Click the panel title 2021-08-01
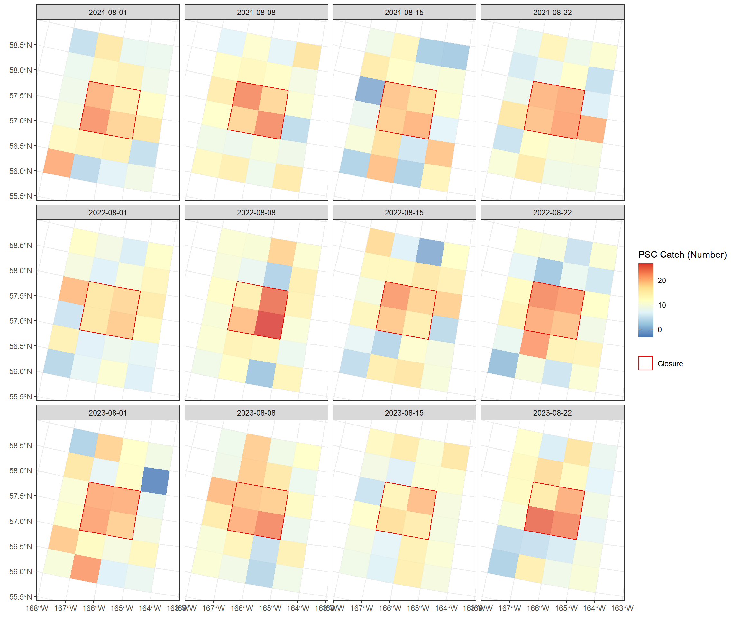click(x=108, y=12)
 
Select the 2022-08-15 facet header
click(x=404, y=213)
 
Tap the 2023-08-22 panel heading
click(x=552, y=413)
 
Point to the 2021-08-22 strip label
click(x=552, y=12)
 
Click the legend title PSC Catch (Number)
click(x=682, y=255)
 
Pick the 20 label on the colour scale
click(x=662, y=281)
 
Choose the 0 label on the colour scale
click(x=660, y=330)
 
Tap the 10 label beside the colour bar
click(x=662, y=305)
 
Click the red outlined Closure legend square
click(x=645, y=363)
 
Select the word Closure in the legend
click(x=670, y=364)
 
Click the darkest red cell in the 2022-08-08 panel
click(x=269, y=325)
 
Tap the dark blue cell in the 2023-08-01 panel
click(x=155, y=480)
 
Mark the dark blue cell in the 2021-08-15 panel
click(x=370, y=91)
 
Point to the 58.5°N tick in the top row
click(x=21, y=45)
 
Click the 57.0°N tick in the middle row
click(x=21, y=321)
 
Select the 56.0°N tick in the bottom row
click(x=21, y=571)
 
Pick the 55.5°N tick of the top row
click(x=21, y=196)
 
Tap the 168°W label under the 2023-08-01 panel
click(x=37, y=608)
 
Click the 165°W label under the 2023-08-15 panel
click(x=418, y=608)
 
